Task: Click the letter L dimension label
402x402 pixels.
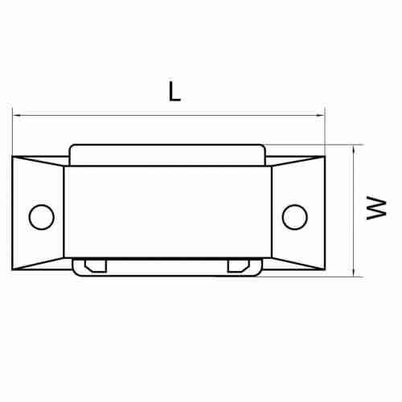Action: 174,92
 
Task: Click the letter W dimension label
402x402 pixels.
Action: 376,208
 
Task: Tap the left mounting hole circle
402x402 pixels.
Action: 42,217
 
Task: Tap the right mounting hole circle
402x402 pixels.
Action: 295,217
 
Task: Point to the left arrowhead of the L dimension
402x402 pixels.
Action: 16,116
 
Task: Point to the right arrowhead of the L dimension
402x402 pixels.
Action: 321,116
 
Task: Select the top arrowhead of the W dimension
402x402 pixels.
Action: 354,148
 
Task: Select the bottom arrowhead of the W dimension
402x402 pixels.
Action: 354,273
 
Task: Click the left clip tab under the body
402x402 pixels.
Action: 96,265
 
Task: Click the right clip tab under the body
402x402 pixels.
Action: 239,265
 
